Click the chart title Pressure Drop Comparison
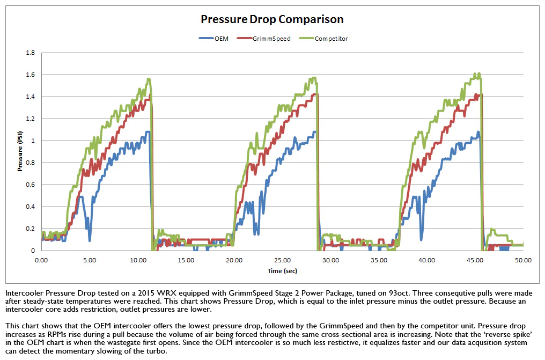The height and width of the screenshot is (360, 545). point(272,19)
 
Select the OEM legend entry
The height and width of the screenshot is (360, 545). point(213,39)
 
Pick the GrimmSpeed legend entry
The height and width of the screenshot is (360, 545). point(263,39)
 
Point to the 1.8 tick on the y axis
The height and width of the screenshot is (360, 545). point(30,53)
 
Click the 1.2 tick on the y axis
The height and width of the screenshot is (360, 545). point(30,119)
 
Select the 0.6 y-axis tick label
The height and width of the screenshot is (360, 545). point(30,185)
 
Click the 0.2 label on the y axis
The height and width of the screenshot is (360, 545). point(30,229)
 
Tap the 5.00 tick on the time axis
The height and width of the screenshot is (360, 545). point(90,260)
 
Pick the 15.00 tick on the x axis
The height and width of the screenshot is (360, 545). point(186,260)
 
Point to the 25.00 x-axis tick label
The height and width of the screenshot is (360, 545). point(282,260)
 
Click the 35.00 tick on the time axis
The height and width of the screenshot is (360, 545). point(379,260)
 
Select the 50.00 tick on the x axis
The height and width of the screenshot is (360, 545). point(524,260)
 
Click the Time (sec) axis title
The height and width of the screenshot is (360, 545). point(282,271)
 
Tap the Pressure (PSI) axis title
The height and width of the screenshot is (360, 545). point(20,151)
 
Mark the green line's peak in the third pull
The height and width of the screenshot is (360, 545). point(479,74)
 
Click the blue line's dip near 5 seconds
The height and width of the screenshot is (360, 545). point(90,240)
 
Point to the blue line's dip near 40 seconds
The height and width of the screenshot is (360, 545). point(422,239)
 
